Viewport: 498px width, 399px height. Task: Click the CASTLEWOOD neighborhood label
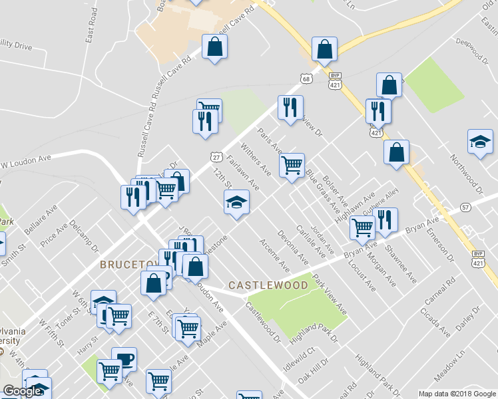268,285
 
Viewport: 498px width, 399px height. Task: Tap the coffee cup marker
124,360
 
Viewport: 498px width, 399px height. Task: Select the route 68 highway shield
306,78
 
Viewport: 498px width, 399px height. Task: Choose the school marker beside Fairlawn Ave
235,201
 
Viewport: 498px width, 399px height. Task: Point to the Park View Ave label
330,296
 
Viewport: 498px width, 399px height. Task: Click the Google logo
22,391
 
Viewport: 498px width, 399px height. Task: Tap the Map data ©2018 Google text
456,394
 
